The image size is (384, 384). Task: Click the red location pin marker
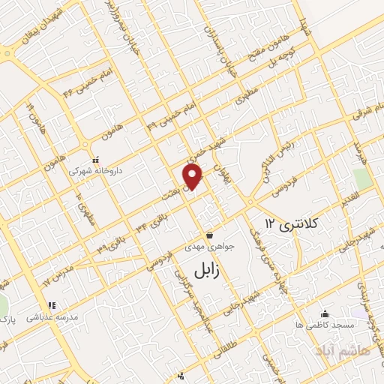(x=193, y=177)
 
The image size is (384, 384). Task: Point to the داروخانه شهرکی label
(x=94, y=171)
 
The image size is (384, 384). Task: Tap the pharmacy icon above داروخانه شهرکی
(x=94, y=160)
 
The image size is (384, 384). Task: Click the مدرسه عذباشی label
(x=52, y=317)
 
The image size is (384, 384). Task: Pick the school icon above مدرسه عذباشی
(x=52, y=305)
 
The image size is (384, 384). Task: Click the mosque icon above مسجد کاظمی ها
(x=325, y=314)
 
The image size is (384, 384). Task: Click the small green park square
(x=363, y=179)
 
